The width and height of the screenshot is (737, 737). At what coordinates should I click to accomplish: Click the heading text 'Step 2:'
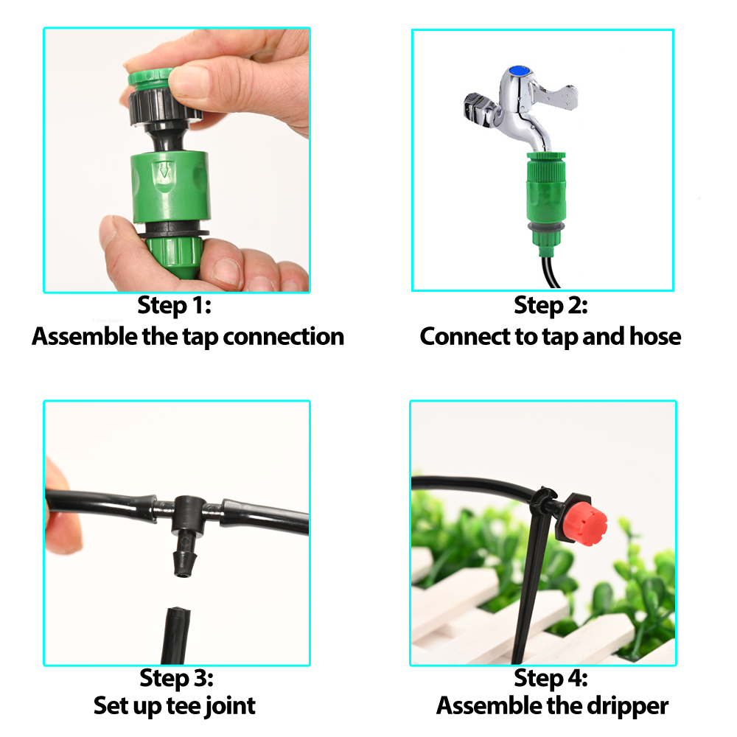pyautogui.click(x=551, y=306)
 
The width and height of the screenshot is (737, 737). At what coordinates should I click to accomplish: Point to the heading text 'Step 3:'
pyautogui.click(x=176, y=677)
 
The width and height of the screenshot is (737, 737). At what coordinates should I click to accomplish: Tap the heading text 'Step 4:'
pyautogui.click(x=551, y=677)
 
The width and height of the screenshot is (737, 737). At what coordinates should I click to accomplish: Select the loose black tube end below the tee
pyautogui.click(x=176, y=634)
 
